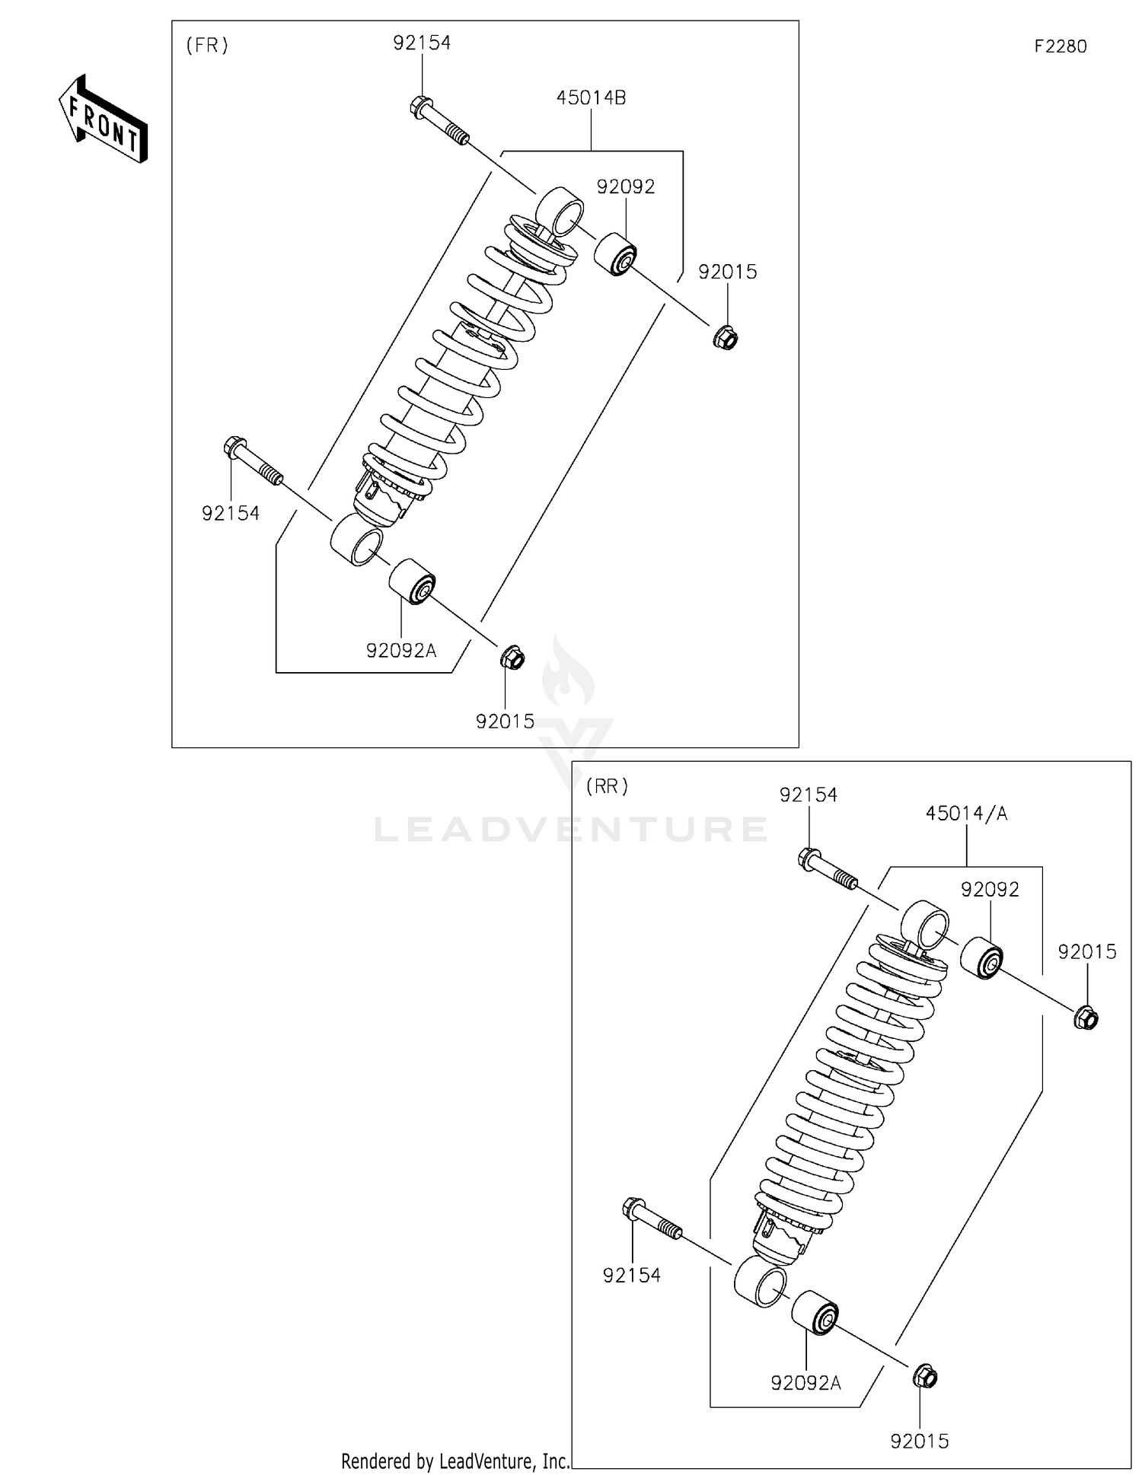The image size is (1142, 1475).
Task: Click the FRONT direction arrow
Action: tap(103, 120)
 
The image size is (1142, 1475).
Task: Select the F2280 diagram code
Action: tap(1060, 46)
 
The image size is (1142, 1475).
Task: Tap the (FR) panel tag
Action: tap(207, 46)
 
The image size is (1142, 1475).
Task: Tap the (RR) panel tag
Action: tap(607, 786)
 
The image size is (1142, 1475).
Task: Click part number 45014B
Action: tap(591, 97)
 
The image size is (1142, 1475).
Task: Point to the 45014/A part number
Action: tap(965, 813)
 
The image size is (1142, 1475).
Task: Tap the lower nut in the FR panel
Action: tap(512, 657)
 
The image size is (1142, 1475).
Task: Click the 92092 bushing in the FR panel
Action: tap(615, 256)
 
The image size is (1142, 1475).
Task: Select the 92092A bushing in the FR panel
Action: tap(412, 581)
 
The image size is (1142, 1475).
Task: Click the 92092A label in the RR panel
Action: tap(805, 1383)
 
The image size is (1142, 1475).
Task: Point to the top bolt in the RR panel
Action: tap(827, 871)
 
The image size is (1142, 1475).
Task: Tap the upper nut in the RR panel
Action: tap(1086, 1018)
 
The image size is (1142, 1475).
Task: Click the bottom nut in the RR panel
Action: tap(924, 1376)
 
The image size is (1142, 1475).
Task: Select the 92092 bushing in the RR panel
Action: tap(981, 958)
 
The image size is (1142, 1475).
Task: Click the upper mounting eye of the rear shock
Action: tap(925, 923)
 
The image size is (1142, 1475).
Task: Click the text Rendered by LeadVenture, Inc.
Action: tap(455, 1461)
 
